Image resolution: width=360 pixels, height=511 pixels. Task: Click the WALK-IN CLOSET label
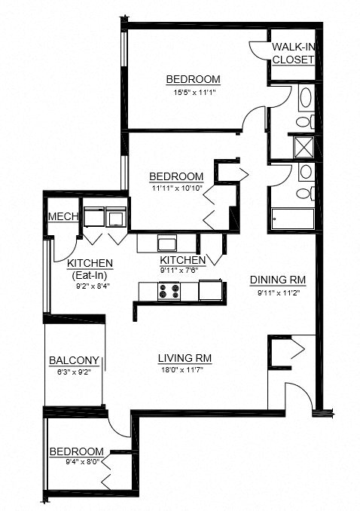coord(293,54)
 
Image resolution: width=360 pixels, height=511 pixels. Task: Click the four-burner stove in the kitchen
coord(167,290)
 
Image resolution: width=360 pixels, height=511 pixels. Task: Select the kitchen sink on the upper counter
coord(167,243)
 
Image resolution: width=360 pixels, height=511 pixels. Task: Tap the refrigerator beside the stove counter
coord(210,289)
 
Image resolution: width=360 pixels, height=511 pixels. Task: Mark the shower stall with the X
coord(306,146)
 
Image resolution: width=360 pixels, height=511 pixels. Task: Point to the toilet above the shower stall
coord(304,121)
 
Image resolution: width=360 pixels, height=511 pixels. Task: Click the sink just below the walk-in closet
coord(306,98)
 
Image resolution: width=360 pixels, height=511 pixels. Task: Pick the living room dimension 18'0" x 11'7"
coord(180,370)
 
